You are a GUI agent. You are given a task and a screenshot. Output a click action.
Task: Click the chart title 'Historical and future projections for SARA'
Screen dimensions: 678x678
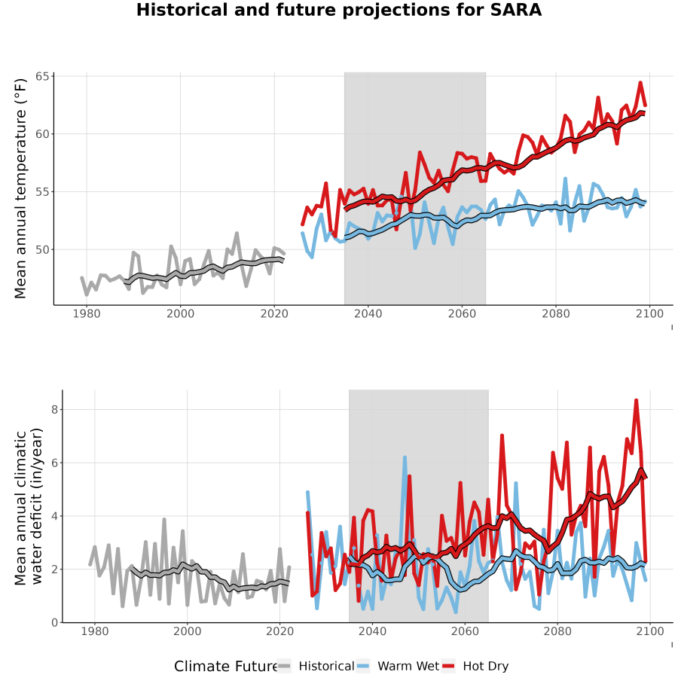pyautogui.click(x=338, y=10)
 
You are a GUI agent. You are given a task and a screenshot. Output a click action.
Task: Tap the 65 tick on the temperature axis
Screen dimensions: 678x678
pyautogui.click(x=42, y=77)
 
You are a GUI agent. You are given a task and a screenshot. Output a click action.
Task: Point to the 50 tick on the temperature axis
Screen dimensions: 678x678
pyautogui.click(x=42, y=249)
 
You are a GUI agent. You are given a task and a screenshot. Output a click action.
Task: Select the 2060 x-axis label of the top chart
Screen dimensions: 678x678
pyautogui.click(x=462, y=313)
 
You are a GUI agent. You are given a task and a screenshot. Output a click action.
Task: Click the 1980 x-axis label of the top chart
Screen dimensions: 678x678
pyautogui.click(x=87, y=313)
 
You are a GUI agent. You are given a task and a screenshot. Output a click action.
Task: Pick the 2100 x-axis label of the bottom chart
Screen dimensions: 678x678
pyautogui.click(x=650, y=631)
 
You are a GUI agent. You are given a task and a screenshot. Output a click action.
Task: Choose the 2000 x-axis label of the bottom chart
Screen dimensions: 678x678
pyautogui.click(x=188, y=631)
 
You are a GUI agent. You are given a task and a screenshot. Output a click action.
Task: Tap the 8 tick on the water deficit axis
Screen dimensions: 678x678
pyautogui.click(x=54, y=410)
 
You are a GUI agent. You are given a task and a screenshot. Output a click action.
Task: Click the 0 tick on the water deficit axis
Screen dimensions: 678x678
pyautogui.click(x=54, y=623)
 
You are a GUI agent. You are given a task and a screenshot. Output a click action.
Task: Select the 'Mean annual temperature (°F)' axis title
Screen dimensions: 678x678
pyautogui.click(x=20, y=188)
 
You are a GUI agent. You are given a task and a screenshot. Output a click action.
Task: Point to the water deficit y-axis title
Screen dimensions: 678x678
pyautogui.click(x=29, y=506)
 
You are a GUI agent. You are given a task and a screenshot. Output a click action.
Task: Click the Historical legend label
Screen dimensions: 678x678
pyautogui.click(x=326, y=666)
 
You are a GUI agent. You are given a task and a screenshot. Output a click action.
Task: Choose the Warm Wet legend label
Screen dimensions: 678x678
pyautogui.click(x=408, y=666)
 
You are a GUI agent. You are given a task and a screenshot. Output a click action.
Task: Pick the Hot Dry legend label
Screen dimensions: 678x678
pyautogui.click(x=486, y=666)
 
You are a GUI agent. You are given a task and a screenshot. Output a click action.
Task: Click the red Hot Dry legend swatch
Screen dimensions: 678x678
pyautogui.click(x=448, y=666)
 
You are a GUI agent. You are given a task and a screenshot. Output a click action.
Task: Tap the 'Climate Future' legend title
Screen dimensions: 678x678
pyautogui.click(x=226, y=667)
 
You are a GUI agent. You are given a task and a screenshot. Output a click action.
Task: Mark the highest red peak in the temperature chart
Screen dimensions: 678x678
pyautogui.click(x=640, y=83)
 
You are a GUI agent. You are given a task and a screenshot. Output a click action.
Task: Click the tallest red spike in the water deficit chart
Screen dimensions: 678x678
pyautogui.click(x=636, y=401)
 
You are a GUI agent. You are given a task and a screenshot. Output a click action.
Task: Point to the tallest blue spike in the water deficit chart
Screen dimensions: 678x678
pyautogui.click(x=405, y=457)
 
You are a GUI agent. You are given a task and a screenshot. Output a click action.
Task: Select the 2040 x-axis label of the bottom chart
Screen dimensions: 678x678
pyautogui.click(x=373, y=631)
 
